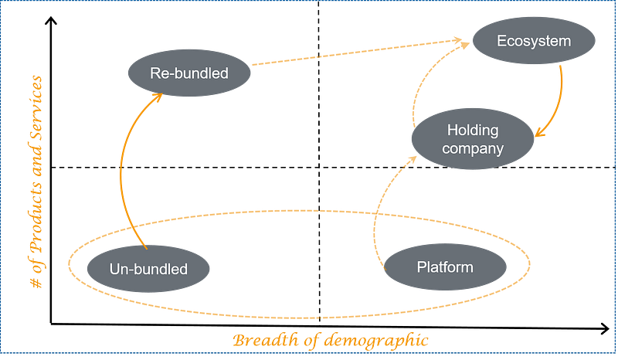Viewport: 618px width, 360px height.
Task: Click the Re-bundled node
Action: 189,74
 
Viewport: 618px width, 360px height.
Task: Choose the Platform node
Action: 445,267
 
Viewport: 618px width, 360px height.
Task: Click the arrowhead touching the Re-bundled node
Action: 157,96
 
